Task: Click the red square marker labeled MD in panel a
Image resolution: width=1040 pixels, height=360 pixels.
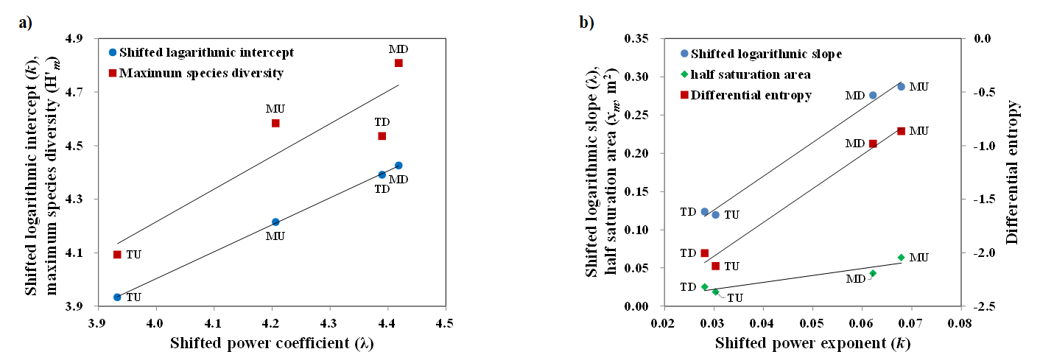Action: click(398, 63)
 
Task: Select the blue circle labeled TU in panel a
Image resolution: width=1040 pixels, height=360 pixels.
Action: click(117, 297)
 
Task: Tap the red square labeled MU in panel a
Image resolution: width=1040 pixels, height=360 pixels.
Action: click(275, 123)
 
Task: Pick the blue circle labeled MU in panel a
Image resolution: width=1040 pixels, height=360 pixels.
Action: click(275, 222)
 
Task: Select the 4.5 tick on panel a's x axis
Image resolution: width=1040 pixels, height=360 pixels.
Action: click(443, 323)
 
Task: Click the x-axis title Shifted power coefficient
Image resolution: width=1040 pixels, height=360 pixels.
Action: click(270, 342)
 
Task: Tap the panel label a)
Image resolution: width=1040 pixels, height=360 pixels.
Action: click(26, 22)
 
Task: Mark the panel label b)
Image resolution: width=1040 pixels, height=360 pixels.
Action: click(586, 22)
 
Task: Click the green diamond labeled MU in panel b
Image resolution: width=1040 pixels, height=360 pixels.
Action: click(901, 258)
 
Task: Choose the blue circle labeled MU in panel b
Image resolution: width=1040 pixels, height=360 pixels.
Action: click(901, 86)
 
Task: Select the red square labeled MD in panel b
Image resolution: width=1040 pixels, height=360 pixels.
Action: click(873, 144)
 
